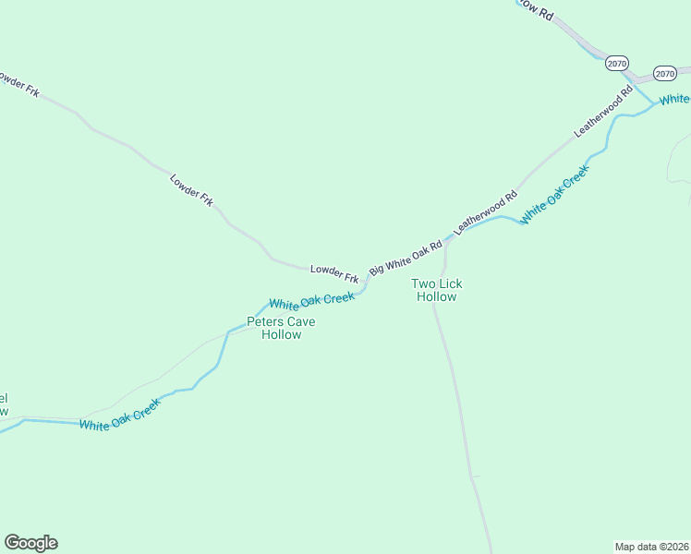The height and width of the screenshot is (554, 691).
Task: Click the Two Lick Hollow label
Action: [436, 290]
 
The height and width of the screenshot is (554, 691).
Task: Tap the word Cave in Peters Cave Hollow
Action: [299, 321]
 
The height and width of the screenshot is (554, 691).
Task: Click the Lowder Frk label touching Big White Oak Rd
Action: [333, 272]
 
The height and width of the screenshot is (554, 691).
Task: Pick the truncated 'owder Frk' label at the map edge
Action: [19, 85]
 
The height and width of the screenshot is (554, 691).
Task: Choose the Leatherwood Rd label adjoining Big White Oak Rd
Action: [486, 211]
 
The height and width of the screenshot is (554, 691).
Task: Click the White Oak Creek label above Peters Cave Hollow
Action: [311, 301]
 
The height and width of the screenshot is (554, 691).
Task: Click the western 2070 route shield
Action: [617, 64]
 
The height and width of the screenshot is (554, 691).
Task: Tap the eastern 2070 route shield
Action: [664, 73]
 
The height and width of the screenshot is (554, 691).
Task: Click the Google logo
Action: [30, 543]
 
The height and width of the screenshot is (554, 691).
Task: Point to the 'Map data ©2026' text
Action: [652, 546]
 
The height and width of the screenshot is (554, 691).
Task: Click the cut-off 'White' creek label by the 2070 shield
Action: [674, 99]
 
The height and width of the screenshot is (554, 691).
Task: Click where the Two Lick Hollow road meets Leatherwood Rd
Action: [447, 242]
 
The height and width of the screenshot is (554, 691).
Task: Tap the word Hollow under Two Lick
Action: [436, 296]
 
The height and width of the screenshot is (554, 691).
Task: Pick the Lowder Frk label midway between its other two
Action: [191, 188]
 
